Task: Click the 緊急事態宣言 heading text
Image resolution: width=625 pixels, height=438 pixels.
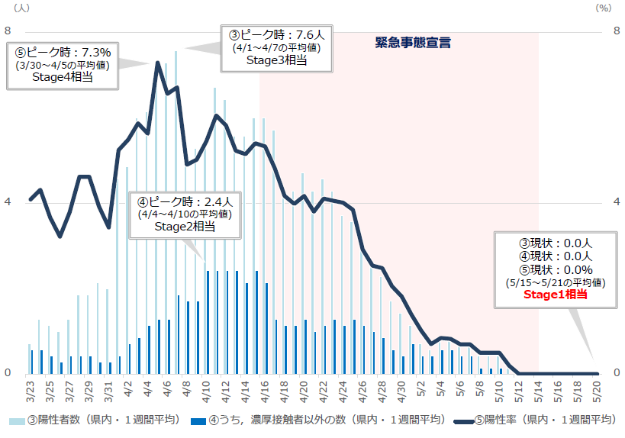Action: tap(413, 43)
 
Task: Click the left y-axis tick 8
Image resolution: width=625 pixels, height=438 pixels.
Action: tap(7, 31)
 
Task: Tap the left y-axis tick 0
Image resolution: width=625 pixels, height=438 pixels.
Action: tap(7, 373)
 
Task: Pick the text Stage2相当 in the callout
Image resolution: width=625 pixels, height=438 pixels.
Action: tap(185, 227)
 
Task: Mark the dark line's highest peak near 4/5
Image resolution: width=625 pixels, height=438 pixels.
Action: tap(157, 63)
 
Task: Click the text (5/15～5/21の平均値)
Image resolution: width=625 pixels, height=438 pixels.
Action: tap(556, 282)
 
